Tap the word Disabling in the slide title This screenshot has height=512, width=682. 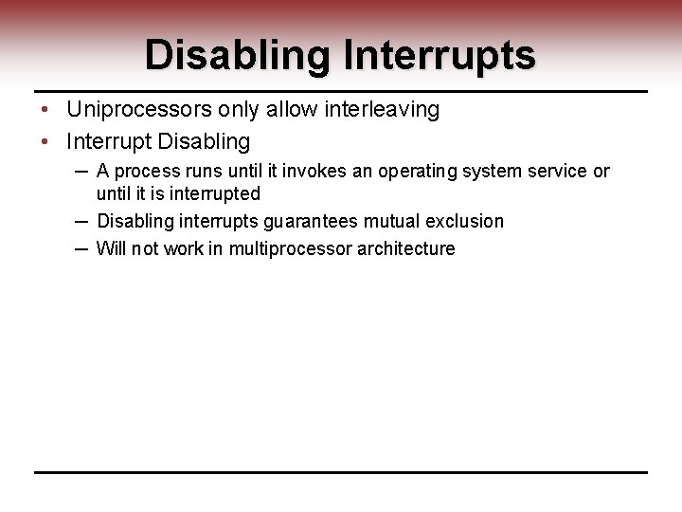236,55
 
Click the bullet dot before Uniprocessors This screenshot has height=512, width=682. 45,110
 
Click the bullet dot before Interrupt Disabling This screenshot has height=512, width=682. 45,142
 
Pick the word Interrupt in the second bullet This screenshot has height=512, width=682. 109,142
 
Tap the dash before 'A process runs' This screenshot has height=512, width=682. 81,170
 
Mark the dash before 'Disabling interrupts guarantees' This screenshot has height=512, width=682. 81,220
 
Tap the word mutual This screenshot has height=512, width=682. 388,221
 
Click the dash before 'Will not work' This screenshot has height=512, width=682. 81,247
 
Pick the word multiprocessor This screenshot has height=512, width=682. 296,248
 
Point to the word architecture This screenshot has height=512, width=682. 407,248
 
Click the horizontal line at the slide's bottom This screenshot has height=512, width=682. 341,472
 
